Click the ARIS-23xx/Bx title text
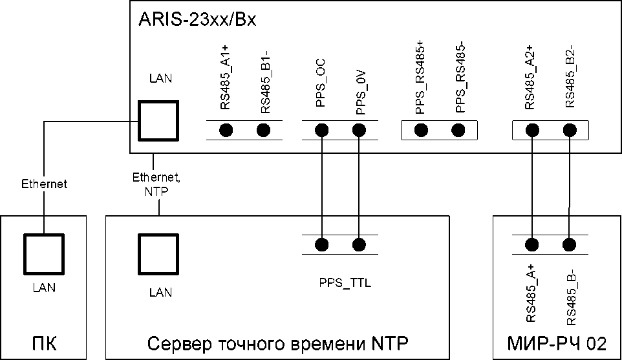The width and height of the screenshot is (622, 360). coord(198,19)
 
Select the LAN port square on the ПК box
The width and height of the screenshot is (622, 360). coord(44,254)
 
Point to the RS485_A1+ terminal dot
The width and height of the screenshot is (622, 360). coord(226,131)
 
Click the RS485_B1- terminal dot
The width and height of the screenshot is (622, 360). coord(263,131)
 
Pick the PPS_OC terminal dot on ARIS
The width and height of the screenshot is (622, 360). coord(321,131)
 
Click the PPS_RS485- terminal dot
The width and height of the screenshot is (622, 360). coord(458,131)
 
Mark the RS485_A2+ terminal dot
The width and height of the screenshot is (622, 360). coord(531,131)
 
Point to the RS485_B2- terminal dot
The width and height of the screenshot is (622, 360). coord(569,131)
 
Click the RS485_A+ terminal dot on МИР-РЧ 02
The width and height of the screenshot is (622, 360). coord(531,244)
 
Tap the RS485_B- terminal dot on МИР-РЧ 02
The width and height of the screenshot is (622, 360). coord(569,244)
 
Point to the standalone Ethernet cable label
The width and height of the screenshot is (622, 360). coord(44,184)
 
